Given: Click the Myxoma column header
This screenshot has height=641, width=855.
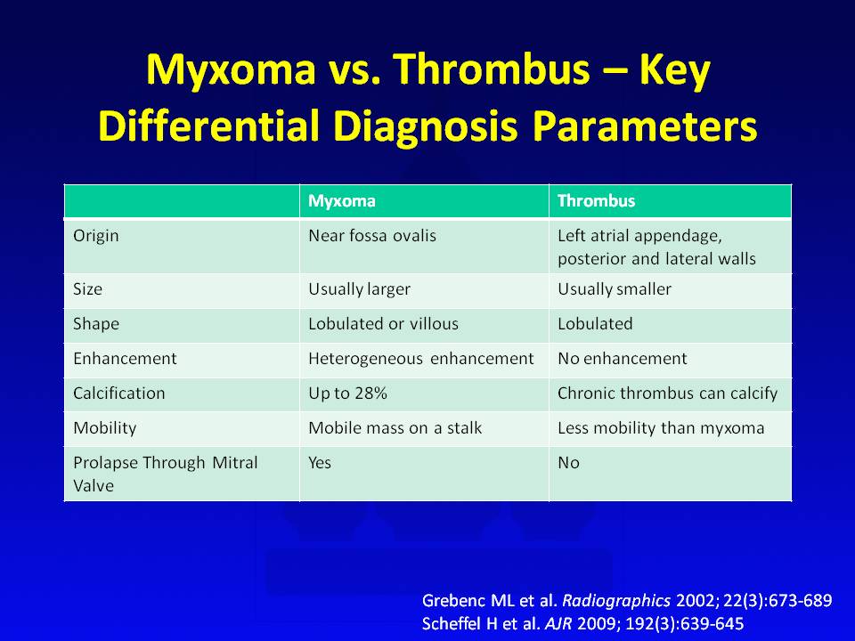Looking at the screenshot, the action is pos(342,201).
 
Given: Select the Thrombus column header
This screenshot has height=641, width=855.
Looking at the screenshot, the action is pos(596,201).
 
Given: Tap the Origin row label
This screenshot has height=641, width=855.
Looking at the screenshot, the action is pos(96,236).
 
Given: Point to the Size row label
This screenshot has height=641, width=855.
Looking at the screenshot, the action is pos(88,288).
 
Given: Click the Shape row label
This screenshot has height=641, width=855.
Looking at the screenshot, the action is pos(96,324).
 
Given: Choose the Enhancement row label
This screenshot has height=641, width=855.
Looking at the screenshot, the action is pos(125,358).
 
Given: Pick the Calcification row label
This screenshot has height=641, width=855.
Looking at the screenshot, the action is pos(118,393).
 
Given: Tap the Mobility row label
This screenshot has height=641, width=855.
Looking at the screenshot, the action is pos(105,428).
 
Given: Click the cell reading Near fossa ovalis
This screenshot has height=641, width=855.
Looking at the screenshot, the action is pos(372,235).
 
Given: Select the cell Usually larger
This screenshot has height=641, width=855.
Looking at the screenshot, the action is pos(359,289).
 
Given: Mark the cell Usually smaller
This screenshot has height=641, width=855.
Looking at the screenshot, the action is pos(615,288).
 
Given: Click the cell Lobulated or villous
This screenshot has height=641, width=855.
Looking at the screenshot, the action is pos(383,324).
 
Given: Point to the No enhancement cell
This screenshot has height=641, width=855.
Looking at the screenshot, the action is pos(623,358).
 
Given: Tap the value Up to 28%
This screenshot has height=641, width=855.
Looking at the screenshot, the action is pos(348,393).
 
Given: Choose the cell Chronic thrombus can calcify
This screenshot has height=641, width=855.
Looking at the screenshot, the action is pos(667,393).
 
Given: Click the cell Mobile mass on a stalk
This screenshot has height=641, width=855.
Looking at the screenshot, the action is pos(395,428).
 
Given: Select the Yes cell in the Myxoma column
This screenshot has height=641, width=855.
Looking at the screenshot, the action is pos(320,463).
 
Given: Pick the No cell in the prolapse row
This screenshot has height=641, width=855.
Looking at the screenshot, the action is pos(568,463).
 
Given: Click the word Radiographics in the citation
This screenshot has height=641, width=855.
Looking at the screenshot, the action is pos(616,601).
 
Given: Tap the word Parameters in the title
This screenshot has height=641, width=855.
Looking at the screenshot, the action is pos(645,126).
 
